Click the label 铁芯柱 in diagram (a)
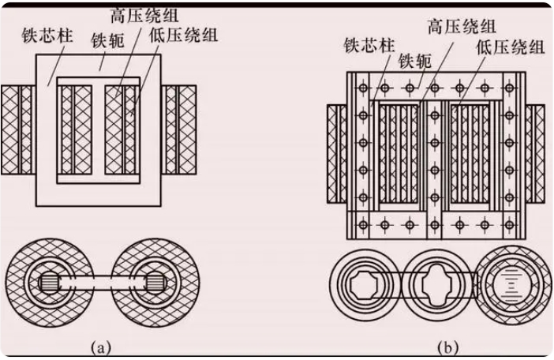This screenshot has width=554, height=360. (47, 36)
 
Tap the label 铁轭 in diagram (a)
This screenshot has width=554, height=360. (108, 40)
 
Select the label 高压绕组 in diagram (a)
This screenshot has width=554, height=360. (144, 16)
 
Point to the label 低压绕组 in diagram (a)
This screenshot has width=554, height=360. (183, 36)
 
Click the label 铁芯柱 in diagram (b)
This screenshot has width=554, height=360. (369, 46)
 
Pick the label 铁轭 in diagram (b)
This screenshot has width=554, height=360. (415, 61)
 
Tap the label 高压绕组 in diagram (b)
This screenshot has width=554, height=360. (462, 26)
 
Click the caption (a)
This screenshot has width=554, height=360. (101, 347)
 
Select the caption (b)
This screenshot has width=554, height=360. (447, 347)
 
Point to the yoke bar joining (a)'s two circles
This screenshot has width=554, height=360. (103, 283)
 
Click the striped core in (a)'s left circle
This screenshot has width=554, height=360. (49, 283)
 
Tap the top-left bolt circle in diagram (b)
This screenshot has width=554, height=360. (363, 88)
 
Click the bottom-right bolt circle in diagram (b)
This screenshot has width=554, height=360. (510, 225)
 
